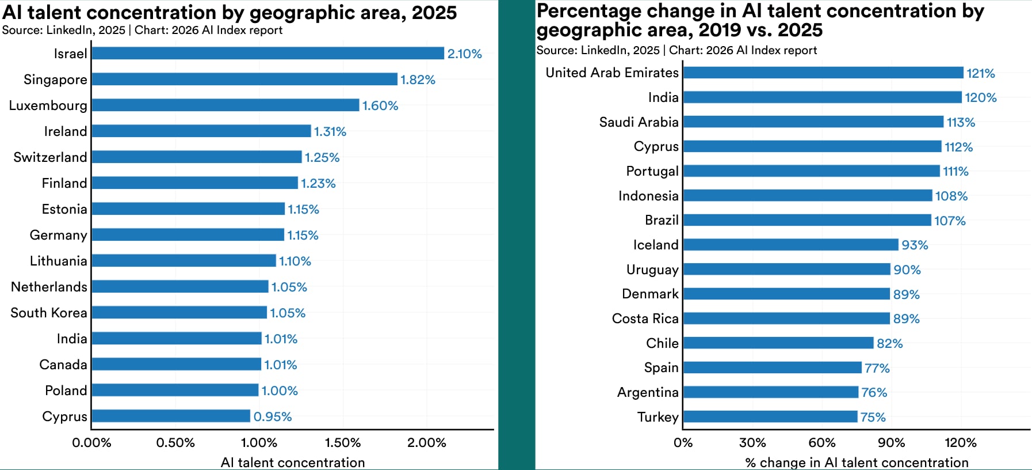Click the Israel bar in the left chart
click(x=267, y=53)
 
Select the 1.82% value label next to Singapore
click(x=418, y=80)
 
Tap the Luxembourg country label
click(x=48, y=105)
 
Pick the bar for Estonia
click(x=188, y=209)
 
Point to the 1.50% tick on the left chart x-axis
click(x=343, y=443)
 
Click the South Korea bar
click(x=179, y=312)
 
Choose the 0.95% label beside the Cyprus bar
click(x=273, y=416)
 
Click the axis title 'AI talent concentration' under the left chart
click(x=292, y=463)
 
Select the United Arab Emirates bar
click(x=823, y=73)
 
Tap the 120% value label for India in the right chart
click(x=980, y=97)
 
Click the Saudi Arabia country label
click(x=639, y=122)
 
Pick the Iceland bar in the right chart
click(x=790, y=245)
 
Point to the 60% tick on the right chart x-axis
click(x=821, y=443)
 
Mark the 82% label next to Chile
click(x=889, y=343)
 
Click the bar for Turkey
click(x=770, y=416)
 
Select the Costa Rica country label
click(x=645, y=319)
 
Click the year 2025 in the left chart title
click(x=434, y=13)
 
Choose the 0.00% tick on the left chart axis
click(x=91, y=443)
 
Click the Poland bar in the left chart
click(x=175, y=390)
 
